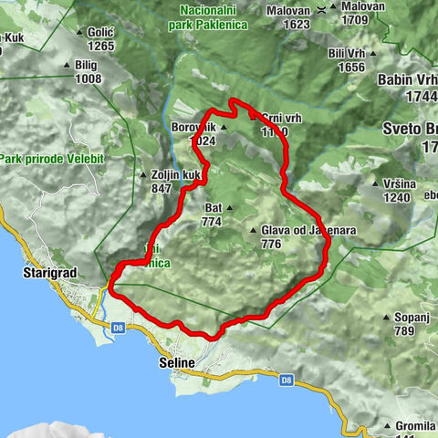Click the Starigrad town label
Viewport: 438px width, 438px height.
[x=47, y=272]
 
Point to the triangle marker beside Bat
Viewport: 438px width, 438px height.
[x=228, y=208]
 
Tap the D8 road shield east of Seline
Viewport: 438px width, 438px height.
[x=287, y=380]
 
